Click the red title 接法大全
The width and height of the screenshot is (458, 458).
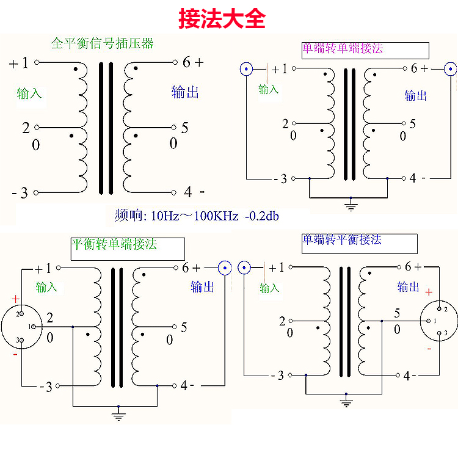[222, 18]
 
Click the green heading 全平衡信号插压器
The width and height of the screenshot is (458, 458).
[102, 43]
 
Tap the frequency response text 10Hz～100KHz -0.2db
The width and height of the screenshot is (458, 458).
[214, 216]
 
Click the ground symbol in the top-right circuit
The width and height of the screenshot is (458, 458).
[350, 205]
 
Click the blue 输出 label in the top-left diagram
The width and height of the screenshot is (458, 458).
[185, 92]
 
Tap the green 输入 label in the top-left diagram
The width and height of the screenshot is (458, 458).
[29, 93]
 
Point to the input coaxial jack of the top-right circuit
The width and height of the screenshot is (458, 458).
[247, 69]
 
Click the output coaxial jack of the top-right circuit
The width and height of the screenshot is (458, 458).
[451, 68]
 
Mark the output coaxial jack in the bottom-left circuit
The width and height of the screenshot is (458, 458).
[225, 267]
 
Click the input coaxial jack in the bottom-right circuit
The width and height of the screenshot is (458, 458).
[244, 267]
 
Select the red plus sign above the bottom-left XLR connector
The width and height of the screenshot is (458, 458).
[16, 299]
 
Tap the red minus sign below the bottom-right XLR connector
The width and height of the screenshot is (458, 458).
[429, 349]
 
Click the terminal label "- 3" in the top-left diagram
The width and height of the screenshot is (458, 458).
[20, 192]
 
